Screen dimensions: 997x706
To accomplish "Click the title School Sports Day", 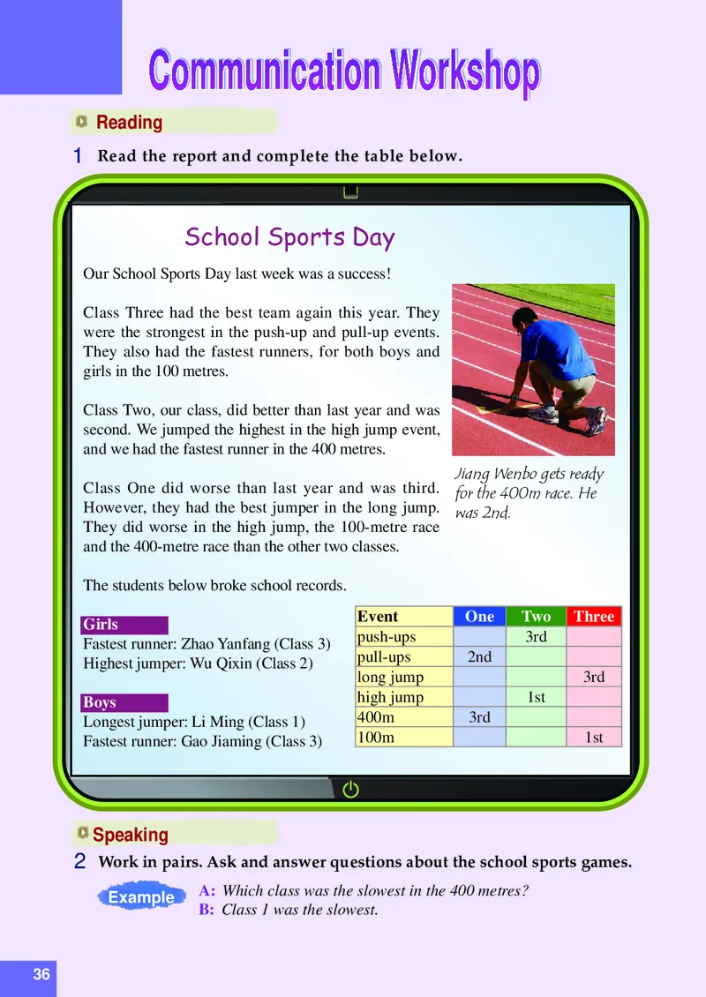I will pyautogui.click(x=289, y=237).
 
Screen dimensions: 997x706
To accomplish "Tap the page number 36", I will pyautogui.click(x=41, y=975).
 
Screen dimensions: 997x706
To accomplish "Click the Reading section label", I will pyautogui.click(x=129, y=123).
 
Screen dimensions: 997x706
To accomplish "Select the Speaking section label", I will pyautogui.click(x=130, y=835).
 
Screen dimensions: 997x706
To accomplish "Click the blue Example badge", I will pyautogui.click(x=141, y=897).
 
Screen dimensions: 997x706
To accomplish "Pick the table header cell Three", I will pyautogui.click(x=594, y=617).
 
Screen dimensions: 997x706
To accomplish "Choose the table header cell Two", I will pyautogui.click(x=536, y=617).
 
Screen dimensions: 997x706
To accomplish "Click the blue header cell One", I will pyautogui.click(x=479, y=617).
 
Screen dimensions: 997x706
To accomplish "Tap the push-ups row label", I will pyautogui.click(x=386, y=637).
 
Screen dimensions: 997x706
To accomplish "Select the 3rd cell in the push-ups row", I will pyautogui.click(x=536, y=637).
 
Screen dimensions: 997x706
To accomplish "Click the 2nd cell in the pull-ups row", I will pyautogui.click(x=479, y=657).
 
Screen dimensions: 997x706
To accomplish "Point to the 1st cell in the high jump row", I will pyautogui.click(x=536, y=697).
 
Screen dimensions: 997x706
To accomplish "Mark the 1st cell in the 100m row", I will pyautogui.click(x=594, y=738).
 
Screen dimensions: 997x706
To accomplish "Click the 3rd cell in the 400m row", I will pyautogui.click(x=479, y=717).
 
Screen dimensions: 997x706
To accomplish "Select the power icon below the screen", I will pyautogui.click(x=350, y=790).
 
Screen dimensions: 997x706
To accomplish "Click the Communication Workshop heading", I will pyautogui.click(x=344, y=71).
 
